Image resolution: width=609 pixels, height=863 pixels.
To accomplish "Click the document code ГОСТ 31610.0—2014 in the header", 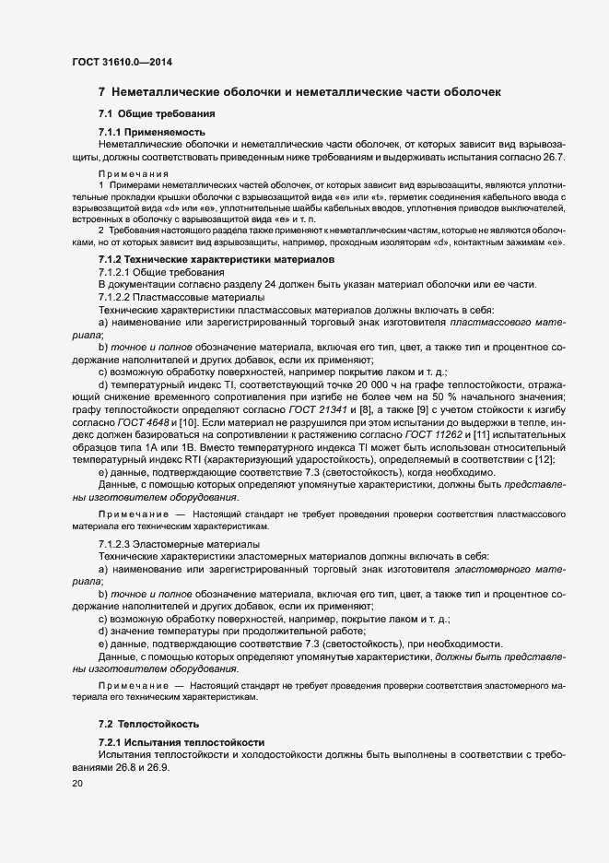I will (x=122, y=63).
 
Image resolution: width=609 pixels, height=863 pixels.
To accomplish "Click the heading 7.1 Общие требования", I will (x=157, y=113).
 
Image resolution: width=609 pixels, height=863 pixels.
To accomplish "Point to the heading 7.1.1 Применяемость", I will (x=153, y=133).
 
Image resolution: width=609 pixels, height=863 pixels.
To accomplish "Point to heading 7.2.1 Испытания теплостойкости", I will (x=182, y=742).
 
